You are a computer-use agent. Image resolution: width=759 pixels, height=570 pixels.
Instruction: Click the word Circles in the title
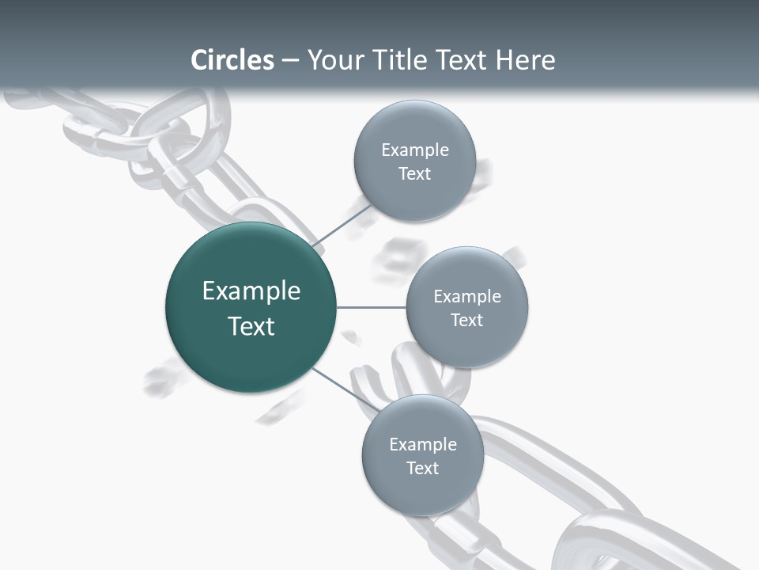point(232,60)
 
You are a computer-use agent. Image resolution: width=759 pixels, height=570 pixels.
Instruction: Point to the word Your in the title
point(334,60)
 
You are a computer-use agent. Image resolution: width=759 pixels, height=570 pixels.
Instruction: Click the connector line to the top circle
point(342,225)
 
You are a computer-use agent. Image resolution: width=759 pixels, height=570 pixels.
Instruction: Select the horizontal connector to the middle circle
point(371,307)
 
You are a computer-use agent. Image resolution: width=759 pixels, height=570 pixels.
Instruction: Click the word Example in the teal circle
point(251,291)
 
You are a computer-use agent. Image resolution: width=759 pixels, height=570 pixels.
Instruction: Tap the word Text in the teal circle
point(251,326)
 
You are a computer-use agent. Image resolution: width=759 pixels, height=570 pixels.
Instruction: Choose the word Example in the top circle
point(414,150)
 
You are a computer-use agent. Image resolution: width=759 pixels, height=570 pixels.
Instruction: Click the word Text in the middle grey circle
point(467,320)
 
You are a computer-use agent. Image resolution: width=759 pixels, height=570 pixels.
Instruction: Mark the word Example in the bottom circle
point(422,444)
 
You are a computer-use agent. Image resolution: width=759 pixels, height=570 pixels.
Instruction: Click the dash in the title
point(290,60)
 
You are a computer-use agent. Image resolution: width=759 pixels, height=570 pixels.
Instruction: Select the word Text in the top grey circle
point(414,174)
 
